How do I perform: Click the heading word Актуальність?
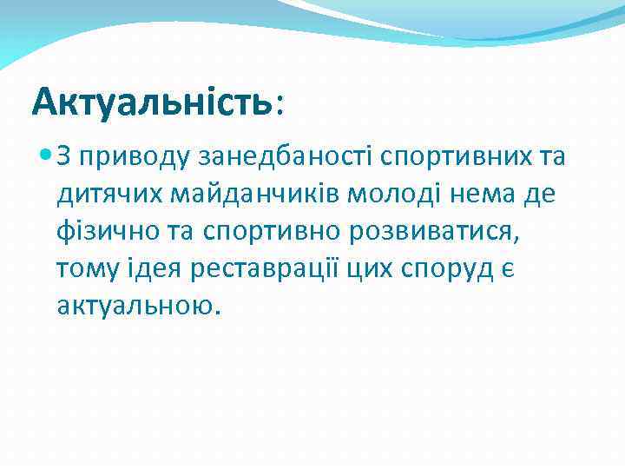click(151, 102)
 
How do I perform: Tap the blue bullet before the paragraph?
click(45, 157)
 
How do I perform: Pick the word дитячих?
click(102, 195)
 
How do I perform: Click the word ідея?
click(151, 269)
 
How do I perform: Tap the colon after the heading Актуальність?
click(278, 106)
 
